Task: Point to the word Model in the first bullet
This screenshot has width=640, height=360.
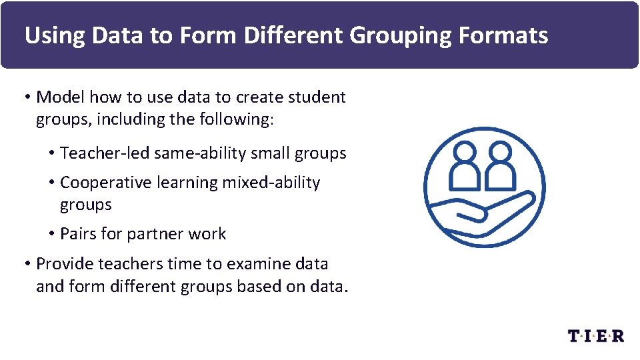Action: click(x=61, y=97)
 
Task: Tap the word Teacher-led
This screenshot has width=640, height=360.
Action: click(x=105, y=153)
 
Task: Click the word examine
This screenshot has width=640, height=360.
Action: click(x=259, y=264)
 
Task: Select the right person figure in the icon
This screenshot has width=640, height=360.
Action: click(x=499, y=167)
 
